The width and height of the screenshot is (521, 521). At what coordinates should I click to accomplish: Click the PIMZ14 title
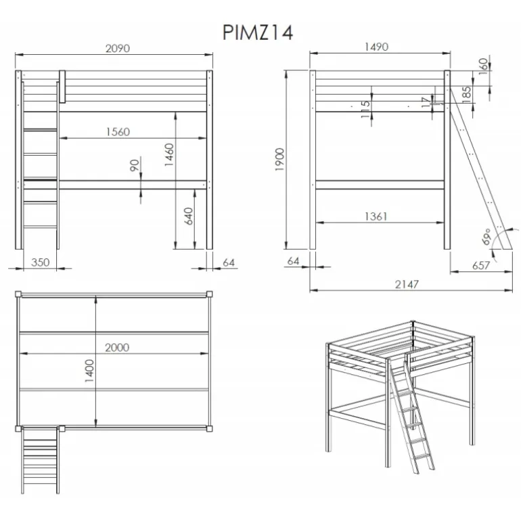pos(258,33)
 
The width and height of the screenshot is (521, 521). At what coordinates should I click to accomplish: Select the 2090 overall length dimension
pos(118,49)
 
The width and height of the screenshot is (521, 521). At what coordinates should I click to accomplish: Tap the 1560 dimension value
pos(118,132)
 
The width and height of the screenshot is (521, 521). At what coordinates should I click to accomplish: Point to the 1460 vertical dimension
pos(169,155)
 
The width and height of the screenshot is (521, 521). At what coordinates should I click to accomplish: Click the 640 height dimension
pos(188,216)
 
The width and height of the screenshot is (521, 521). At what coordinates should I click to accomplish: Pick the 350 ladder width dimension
pos(40,263)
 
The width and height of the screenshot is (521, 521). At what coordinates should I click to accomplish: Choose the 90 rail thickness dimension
pos(134,165)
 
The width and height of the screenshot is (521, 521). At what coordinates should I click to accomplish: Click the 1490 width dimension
pos(376,47)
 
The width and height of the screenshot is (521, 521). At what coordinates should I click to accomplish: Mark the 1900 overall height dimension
pos(279,160)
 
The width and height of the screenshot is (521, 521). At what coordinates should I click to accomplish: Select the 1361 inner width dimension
pos(376,217)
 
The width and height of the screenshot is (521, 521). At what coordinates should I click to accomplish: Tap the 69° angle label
pos(486,236)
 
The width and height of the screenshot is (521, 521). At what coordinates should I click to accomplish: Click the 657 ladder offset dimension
pos(481,265)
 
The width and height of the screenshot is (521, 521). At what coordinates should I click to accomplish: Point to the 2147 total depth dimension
pos(407,284)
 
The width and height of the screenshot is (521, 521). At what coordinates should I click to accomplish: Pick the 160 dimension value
pos(484,66)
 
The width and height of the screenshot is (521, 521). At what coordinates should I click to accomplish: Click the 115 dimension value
pos(365,110)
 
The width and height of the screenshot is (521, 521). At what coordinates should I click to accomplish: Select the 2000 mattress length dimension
pos(117,348)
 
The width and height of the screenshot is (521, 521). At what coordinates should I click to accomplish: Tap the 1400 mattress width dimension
pos(89,371)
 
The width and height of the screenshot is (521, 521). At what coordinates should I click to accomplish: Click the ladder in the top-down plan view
pos(40,460)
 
